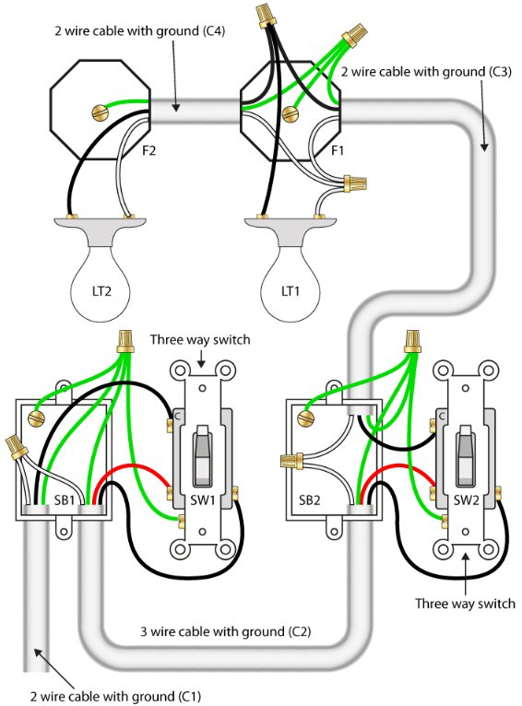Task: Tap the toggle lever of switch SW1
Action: click(202, 455)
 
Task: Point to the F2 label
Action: click(148, 150)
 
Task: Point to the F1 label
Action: click(338, 150)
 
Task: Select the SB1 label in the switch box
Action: click(65, 500)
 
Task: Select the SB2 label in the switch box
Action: click(310, 500)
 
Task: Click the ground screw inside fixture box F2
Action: click(101, 112)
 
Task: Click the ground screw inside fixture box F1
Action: click(291, 113)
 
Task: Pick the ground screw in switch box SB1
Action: click(37, 418)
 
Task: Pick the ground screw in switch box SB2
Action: click(306, 418)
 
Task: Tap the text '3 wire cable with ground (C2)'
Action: click(225, 631)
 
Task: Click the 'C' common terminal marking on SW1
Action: click(177, 416)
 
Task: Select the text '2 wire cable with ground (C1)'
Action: click(115, 696)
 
